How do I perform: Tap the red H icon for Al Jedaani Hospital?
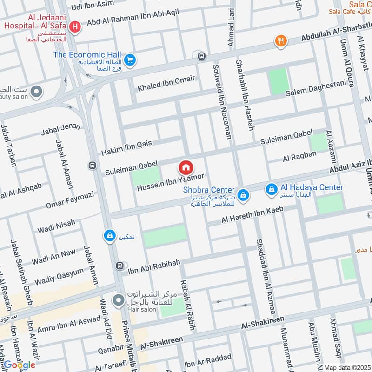click(x=74, y=28)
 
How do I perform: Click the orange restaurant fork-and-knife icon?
click(x=280, y=41)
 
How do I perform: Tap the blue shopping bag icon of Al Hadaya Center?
click(x=271, y=189)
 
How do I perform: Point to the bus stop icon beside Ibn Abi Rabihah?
click(x=119, y=266)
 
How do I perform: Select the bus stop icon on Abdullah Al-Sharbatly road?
click(x=201, y=56)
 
